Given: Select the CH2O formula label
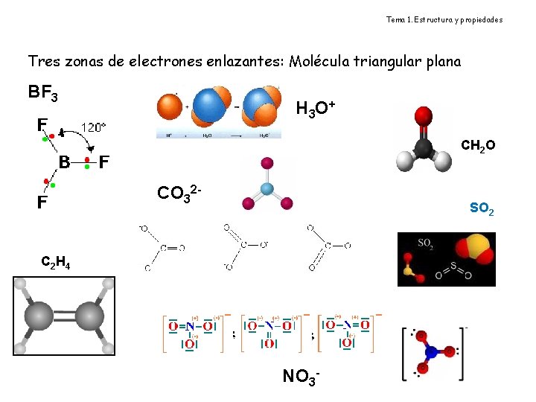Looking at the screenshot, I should tap(478, 144).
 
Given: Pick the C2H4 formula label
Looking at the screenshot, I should tap(56, 262).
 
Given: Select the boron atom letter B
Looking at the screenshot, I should tap(65, 162).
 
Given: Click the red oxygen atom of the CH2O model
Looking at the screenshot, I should tap(424, 117).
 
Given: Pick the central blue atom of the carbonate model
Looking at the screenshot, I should tap(267, 189).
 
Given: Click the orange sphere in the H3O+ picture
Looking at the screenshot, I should tap(170, 105).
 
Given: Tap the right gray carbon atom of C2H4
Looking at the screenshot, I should tap(89, 316).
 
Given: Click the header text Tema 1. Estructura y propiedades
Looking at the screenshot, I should tap(444, 19).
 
